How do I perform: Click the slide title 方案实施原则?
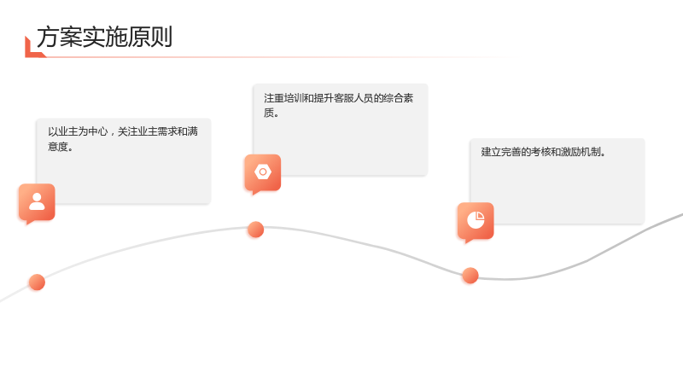click(104, 37)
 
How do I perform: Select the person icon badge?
click(37, 203)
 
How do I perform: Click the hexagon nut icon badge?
click(263, 173)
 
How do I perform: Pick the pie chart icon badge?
click(476, 221)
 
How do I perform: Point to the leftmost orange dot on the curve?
click(37, 282)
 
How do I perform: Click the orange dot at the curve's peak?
click(255, 230)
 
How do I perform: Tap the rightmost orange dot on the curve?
click(470, 276)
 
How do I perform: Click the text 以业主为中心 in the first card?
click(78, 131)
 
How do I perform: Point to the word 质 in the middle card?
click(269, 113)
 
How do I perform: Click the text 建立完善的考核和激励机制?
click(540, 152)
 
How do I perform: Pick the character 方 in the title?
click(48, 37)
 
